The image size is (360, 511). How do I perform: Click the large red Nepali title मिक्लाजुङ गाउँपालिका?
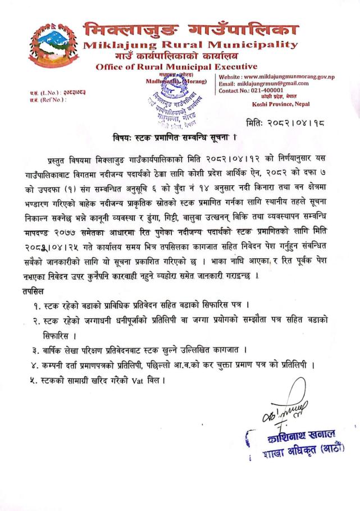point(192,28)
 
